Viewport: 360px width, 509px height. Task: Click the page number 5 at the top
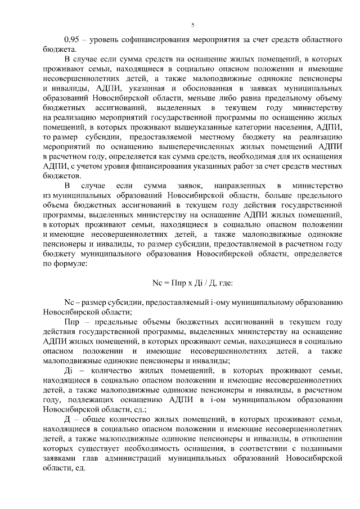pyautogui.click(x=192, y=25)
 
